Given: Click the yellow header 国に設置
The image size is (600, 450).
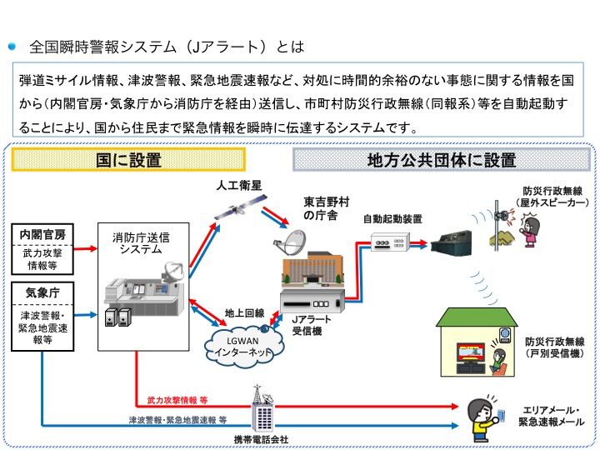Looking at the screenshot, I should (x=127, y=159).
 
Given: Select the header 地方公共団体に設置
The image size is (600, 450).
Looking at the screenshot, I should (x=442, y=159).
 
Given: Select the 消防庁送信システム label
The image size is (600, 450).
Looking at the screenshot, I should (x=140, y=242).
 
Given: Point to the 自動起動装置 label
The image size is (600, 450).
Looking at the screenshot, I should (x=392, y=218).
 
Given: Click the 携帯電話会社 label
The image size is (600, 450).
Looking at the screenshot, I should (x=261, y=439).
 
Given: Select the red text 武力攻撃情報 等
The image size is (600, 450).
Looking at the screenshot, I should (x=177, y=401).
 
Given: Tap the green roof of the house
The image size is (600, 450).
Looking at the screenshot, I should (x=477, y=317).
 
